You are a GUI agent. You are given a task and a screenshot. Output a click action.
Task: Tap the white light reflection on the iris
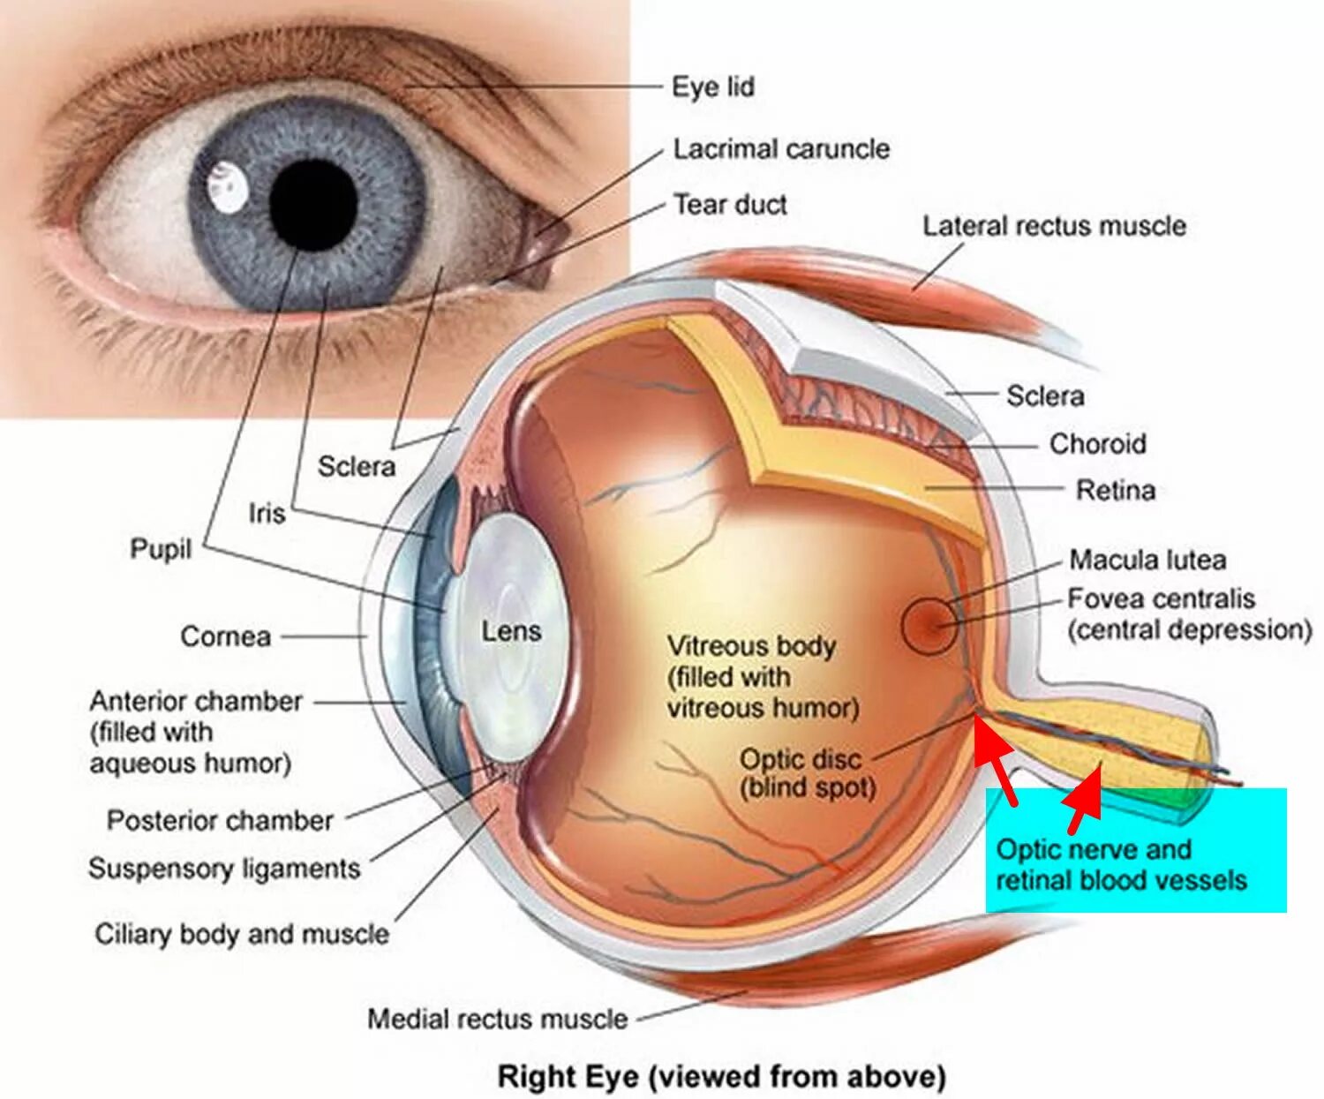[x=228, y=188]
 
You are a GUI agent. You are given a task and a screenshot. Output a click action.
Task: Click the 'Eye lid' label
[x=713, y=87]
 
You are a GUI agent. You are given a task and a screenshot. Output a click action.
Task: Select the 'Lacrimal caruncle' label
[x=781, y=148]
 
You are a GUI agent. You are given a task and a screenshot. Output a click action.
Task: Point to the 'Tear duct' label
[x=730, y=205]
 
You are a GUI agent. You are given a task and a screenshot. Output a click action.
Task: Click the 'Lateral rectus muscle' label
[x=1054, y=226]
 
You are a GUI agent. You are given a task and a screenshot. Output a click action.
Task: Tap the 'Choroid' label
[x=1097, y=443]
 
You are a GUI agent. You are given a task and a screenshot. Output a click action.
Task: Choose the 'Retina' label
[x=1115, y=490]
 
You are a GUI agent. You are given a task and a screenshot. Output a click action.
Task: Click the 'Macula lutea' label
[x=1147, y=560]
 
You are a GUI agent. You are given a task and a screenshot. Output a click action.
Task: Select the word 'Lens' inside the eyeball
[x=511, y=631]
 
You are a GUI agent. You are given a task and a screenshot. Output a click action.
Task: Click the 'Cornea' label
[x=225, y=636]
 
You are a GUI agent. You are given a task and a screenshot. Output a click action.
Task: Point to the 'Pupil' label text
[x=161, y=549]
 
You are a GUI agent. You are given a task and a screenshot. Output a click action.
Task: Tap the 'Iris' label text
[x=267, y=513]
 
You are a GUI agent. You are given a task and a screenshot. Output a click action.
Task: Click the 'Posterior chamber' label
[x=220, y=821]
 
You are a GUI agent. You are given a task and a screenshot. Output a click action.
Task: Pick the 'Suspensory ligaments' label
[x=224, y=869]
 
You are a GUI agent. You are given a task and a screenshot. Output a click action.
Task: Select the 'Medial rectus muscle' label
[x=497, y=1019]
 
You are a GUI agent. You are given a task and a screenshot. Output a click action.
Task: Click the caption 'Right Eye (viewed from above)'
[x=721, y=1077]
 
